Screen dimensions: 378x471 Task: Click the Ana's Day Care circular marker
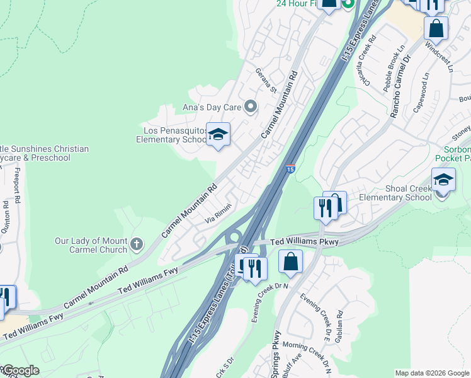[x=251, y=106]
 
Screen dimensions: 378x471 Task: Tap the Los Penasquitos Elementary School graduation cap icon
[x=218, y=135]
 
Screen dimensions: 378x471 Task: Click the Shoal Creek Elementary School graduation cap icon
[x=443, y=180]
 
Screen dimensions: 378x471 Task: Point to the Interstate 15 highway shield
[x=289, y=169]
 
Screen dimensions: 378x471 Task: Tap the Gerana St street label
[x=266, y=81]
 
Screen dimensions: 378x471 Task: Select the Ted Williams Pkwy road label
[x=305, y=242]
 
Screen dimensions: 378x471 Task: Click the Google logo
[x=20, y=370]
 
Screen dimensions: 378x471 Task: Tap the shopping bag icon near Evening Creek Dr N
[x=290, y=261]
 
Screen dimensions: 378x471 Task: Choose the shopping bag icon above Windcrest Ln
[x=436, y=28]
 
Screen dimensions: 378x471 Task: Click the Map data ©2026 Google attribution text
[x=431, y=373]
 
